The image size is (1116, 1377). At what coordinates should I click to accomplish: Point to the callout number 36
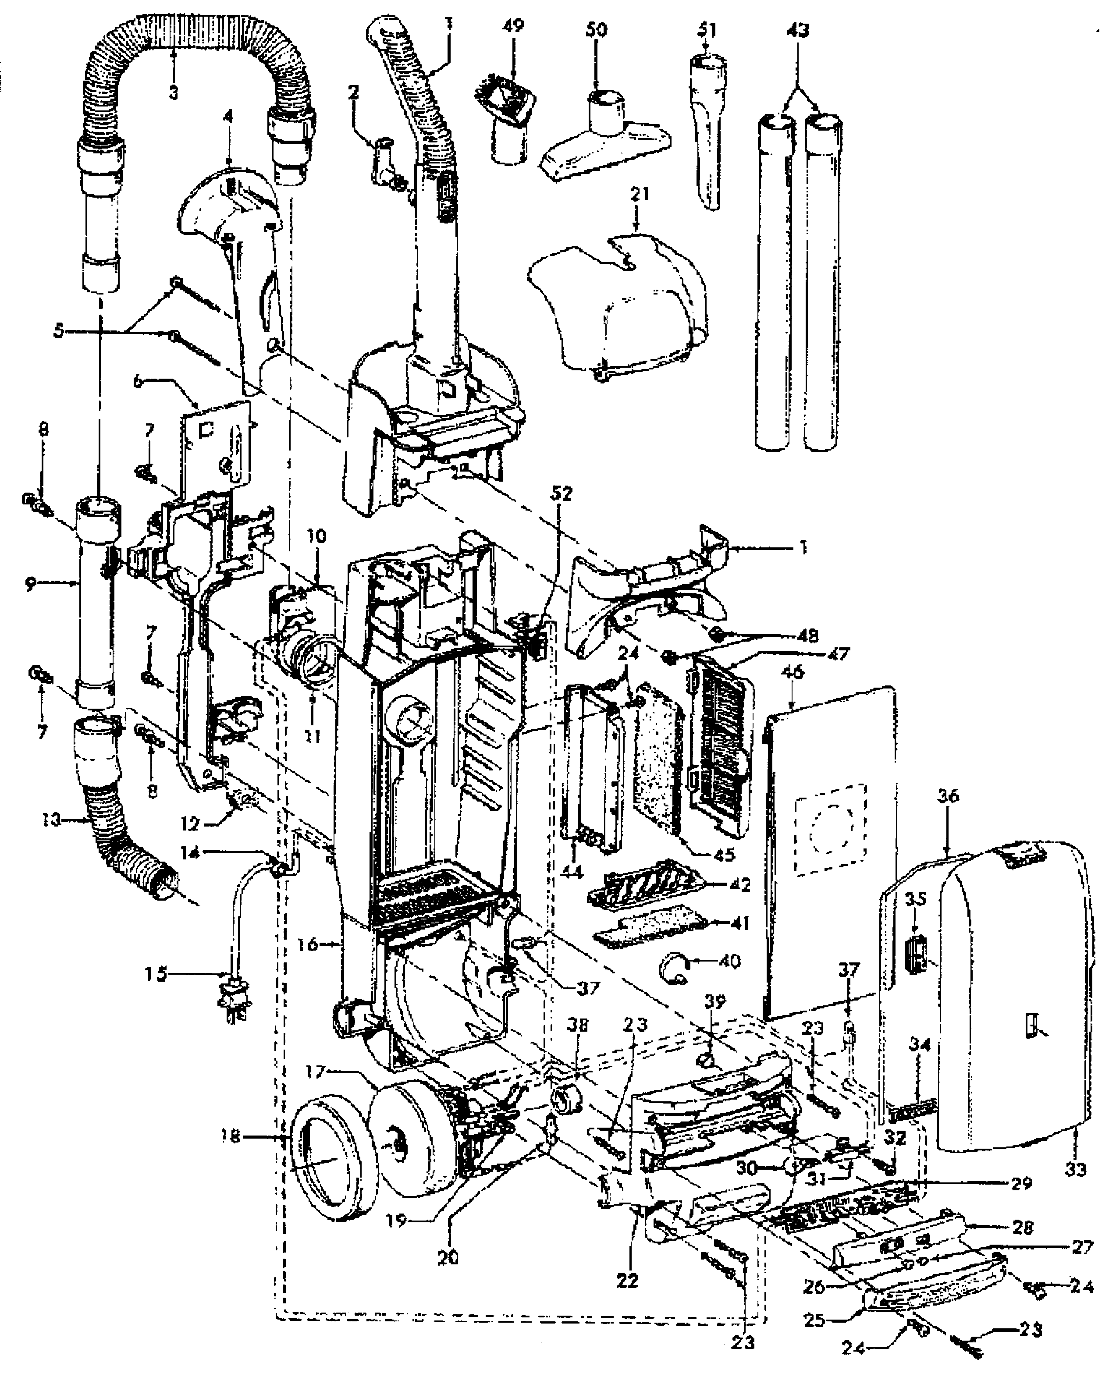(948, 796)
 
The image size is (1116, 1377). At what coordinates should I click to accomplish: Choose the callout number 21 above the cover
(640, 194)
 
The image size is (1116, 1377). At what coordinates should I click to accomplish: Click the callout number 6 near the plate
(138, 380)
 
